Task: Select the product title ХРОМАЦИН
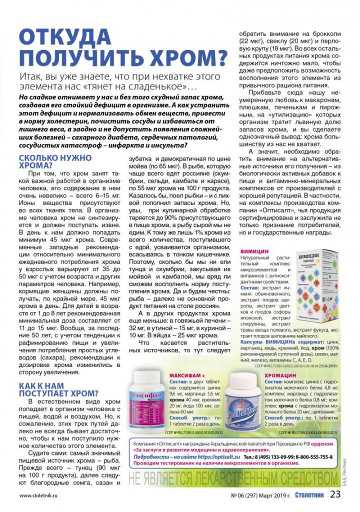coord(280,374)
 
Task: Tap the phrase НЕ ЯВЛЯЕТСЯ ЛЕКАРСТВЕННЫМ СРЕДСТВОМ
coord(233,476)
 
